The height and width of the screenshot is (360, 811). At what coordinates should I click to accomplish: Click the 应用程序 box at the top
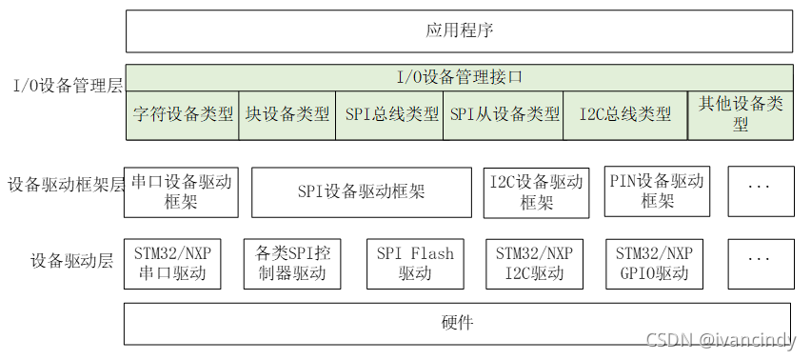pos(459,30)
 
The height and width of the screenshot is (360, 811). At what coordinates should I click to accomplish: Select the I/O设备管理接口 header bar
pos(459,76)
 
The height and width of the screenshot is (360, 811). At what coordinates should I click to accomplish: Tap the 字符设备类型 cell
pos(183,114)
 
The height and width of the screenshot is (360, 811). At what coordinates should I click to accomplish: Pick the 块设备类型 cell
pos(287,114)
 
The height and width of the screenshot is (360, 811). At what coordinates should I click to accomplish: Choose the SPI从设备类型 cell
pos(504,114)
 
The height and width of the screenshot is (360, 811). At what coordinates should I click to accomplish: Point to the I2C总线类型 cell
pos(625,114)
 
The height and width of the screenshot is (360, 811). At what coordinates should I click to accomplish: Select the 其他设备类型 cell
pos(741,114)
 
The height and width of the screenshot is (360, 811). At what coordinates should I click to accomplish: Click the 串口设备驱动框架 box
pos(181,191)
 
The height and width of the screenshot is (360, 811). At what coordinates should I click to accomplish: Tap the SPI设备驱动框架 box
pos(361,191)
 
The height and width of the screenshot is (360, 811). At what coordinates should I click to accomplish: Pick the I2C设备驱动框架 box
pos(536,191)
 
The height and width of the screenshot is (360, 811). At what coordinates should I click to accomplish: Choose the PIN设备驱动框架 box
pos(656,191)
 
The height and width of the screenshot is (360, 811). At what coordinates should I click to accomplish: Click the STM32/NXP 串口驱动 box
pos(172,264)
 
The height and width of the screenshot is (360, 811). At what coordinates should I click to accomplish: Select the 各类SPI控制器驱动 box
pos(293,264)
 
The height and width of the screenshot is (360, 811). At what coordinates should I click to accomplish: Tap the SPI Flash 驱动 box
pos(415,264)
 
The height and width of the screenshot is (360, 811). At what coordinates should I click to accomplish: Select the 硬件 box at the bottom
pos(458,323)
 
